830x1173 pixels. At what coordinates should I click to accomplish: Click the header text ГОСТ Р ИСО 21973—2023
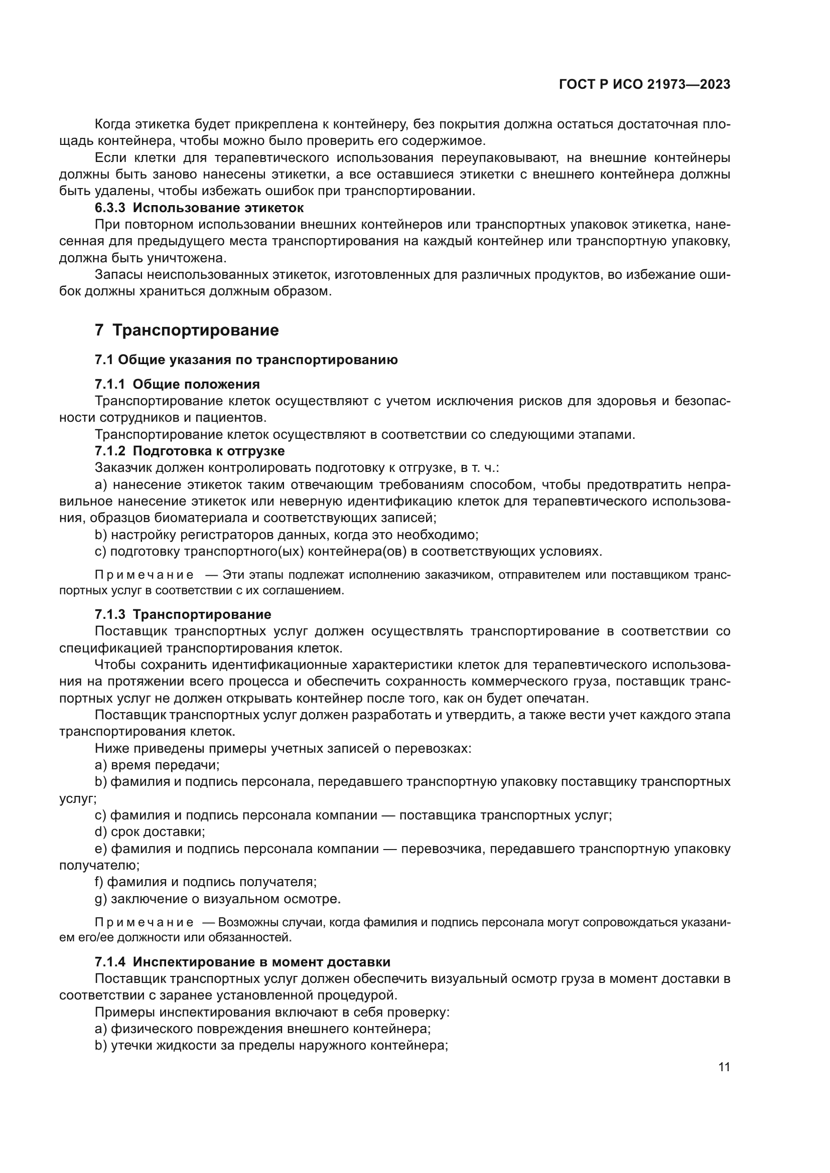(644, 84)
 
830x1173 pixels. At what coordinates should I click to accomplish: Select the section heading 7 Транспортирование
(187, 330)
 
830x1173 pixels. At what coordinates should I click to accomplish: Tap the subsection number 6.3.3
(110, 208)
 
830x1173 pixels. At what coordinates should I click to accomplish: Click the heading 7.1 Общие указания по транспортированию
(246, 360)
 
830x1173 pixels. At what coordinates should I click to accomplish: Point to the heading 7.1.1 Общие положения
(177, 384)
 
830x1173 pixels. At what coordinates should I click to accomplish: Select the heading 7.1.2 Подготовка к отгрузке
(189, 451)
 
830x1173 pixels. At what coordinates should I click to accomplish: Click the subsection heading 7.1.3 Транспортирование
(183, 615)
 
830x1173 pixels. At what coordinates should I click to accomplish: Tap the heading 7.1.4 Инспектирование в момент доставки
(242, 962)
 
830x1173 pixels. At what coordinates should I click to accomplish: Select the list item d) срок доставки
(150, 831)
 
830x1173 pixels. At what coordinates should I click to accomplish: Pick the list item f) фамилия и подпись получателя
(205, 882)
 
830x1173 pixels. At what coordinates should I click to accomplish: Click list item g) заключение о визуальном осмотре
(217, 899)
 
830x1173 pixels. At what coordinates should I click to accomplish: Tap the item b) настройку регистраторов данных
(286, 535)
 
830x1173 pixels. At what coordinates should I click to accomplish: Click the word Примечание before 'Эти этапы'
(144, 575)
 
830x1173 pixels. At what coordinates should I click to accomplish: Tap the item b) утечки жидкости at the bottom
(271, 1046)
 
